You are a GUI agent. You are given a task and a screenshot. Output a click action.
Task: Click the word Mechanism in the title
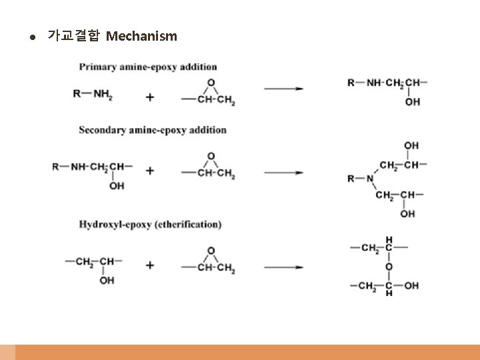(141, 36)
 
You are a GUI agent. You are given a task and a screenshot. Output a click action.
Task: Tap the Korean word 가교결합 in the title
(73, 36)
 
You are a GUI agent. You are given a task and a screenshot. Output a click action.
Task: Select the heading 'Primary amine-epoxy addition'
(148, 67)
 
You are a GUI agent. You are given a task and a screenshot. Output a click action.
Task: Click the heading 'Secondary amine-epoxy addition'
(153, 130)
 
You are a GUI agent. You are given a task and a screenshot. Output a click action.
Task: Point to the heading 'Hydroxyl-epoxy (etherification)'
(150, 225)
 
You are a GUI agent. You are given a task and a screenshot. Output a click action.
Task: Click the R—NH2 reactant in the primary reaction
(93, 94)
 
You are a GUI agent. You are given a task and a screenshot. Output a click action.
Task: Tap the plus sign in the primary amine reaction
(150, 97)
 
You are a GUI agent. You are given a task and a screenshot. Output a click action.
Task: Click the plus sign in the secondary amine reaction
(150, 171)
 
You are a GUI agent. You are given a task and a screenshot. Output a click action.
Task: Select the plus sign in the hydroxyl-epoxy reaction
(150, 265)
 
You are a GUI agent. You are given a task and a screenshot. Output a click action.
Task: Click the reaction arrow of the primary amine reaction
(284, 88)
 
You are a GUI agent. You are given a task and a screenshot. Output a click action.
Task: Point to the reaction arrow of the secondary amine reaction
(284, 173)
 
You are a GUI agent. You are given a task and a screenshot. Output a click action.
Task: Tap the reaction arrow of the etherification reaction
(284, 267)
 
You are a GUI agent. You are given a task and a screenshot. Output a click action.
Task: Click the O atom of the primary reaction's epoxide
(211, 83)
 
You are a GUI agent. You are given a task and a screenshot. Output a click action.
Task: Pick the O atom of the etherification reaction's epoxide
(211, 251)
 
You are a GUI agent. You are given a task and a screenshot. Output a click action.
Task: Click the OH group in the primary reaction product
(413, 102)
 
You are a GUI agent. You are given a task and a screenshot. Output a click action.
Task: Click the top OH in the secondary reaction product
(411, 145)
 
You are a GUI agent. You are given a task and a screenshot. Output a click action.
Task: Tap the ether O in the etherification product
(389, 267)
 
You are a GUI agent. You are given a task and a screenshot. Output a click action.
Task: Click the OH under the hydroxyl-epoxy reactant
(107, 281)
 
